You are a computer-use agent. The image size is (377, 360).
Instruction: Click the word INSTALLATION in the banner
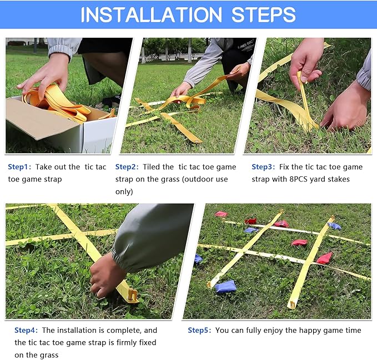pos(151,14)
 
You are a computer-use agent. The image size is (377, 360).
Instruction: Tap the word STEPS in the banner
pos(264,14)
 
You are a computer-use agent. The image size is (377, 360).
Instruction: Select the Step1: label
pos(19,166)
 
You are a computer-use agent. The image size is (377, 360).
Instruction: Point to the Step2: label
pos(127,166)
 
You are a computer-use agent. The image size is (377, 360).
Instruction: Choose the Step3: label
pos(263,166)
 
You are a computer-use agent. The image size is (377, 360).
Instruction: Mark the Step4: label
pos(26,330)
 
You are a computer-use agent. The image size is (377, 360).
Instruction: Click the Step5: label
pos(199,330)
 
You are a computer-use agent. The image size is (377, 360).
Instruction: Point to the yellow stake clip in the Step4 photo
pos(132,295)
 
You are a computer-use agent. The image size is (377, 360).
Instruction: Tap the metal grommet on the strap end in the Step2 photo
pos(197,140)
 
